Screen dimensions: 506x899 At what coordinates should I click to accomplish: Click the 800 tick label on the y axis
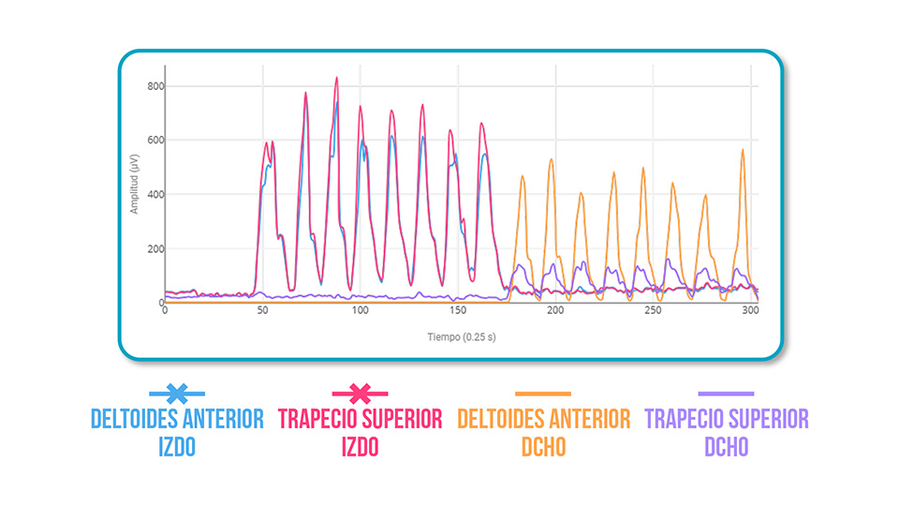pos(155,86)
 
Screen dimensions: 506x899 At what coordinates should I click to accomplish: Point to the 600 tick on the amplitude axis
pos(155,141)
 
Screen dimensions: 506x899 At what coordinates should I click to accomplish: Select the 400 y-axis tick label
pos(155,195)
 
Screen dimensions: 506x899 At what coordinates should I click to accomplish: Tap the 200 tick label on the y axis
pos(155,249)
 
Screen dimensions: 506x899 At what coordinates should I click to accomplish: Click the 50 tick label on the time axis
pos(262,310)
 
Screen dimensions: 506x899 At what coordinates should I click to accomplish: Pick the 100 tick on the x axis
pos(360,310)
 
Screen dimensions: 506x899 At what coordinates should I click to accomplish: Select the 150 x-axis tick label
pos(457,310)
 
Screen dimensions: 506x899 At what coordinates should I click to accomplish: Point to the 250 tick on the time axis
pos(653,310)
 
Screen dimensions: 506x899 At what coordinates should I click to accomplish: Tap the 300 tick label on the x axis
pos(749,310)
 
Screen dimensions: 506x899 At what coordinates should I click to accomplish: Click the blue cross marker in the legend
pos(176,394)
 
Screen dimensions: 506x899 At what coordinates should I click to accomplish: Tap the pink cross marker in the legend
pos(361,394)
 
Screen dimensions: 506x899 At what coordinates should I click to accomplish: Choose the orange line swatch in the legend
pos(543,394)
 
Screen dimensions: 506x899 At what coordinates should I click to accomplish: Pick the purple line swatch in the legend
pos(726,394)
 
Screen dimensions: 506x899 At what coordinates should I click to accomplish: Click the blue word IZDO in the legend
pos(176,447)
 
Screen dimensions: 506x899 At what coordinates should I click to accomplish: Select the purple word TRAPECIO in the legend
pos(688,419)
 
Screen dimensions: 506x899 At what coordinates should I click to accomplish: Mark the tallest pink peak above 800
pos(336,79)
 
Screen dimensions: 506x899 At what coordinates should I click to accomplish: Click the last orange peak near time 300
pos(743,150)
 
